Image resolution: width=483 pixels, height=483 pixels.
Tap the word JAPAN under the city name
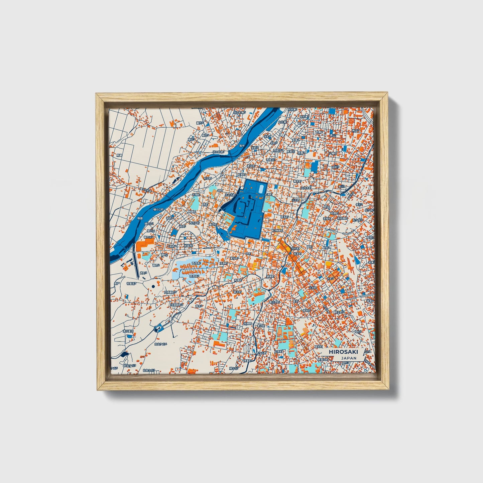click(349, 358)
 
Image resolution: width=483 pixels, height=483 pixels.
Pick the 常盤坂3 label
click(131, 283)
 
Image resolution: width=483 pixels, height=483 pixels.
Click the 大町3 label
click(330, 278)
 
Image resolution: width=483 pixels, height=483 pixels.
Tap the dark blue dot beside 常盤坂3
click(153, 286)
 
